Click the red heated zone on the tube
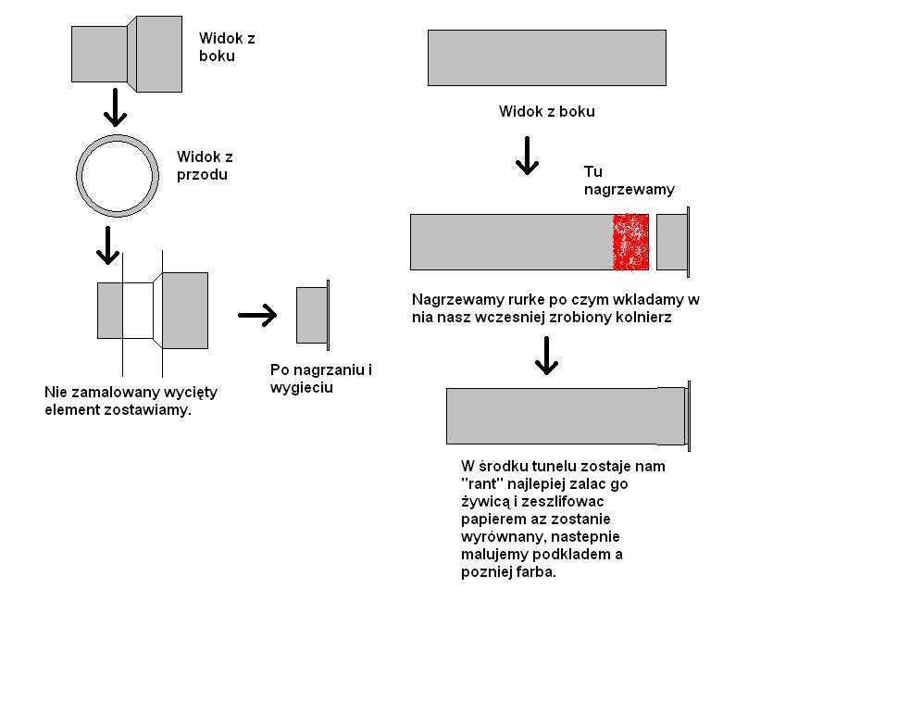[x=630, y=242]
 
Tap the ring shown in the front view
[x=78, y=176]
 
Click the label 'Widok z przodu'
[x=205, y=166]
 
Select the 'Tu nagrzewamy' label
[x=630, y=181]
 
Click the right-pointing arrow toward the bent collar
[x=257, y=315]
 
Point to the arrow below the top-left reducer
[x=115, y=107]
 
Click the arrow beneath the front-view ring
[x=107, y=245]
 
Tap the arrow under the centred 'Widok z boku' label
[x=527, y=156]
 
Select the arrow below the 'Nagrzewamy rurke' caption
[x=546, y=356]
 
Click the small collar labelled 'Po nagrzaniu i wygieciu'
[x=313, y=315]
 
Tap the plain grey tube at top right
[x=547, y=58]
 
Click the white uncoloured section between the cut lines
[x=138, y=310]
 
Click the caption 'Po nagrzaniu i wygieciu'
[x=321, y=379]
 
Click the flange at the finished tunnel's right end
[x=689, y=416]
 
